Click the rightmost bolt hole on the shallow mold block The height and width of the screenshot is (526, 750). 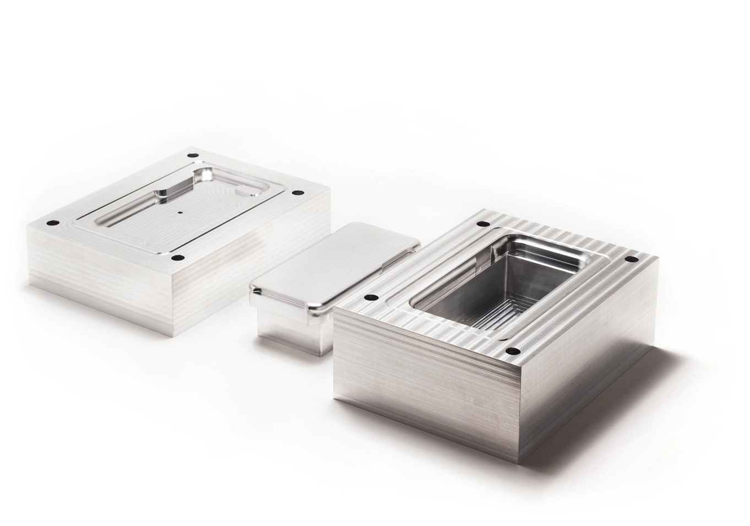point(297,193)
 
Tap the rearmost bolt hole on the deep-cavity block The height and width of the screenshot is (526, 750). point(483,224)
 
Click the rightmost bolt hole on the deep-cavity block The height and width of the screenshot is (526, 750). point(628,259)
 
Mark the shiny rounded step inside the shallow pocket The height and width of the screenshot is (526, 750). point(165,194)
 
